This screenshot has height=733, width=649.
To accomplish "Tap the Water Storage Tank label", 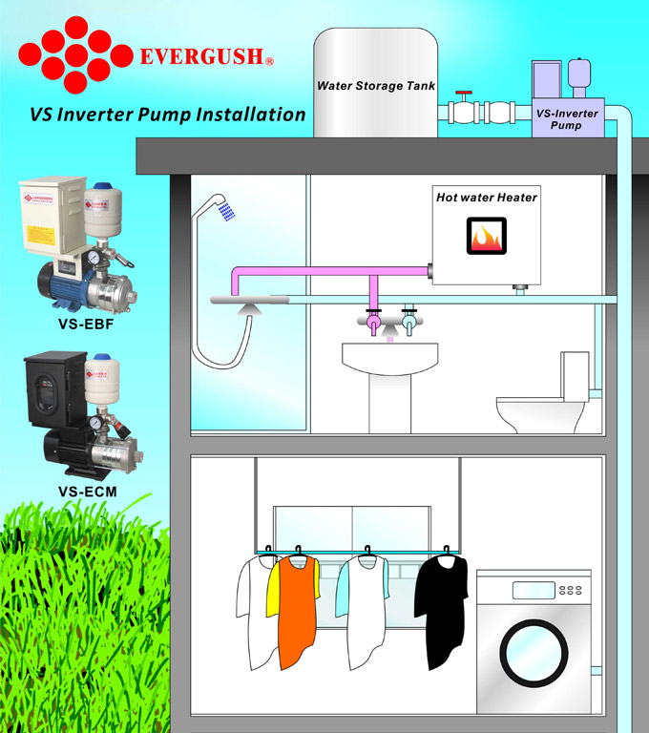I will [x=376, y=86].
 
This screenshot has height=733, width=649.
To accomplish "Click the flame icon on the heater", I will [x=488, y=235].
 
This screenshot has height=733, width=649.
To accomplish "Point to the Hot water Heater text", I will [x=487, y=198].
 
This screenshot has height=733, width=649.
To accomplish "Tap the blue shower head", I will [x=225, y=210].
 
